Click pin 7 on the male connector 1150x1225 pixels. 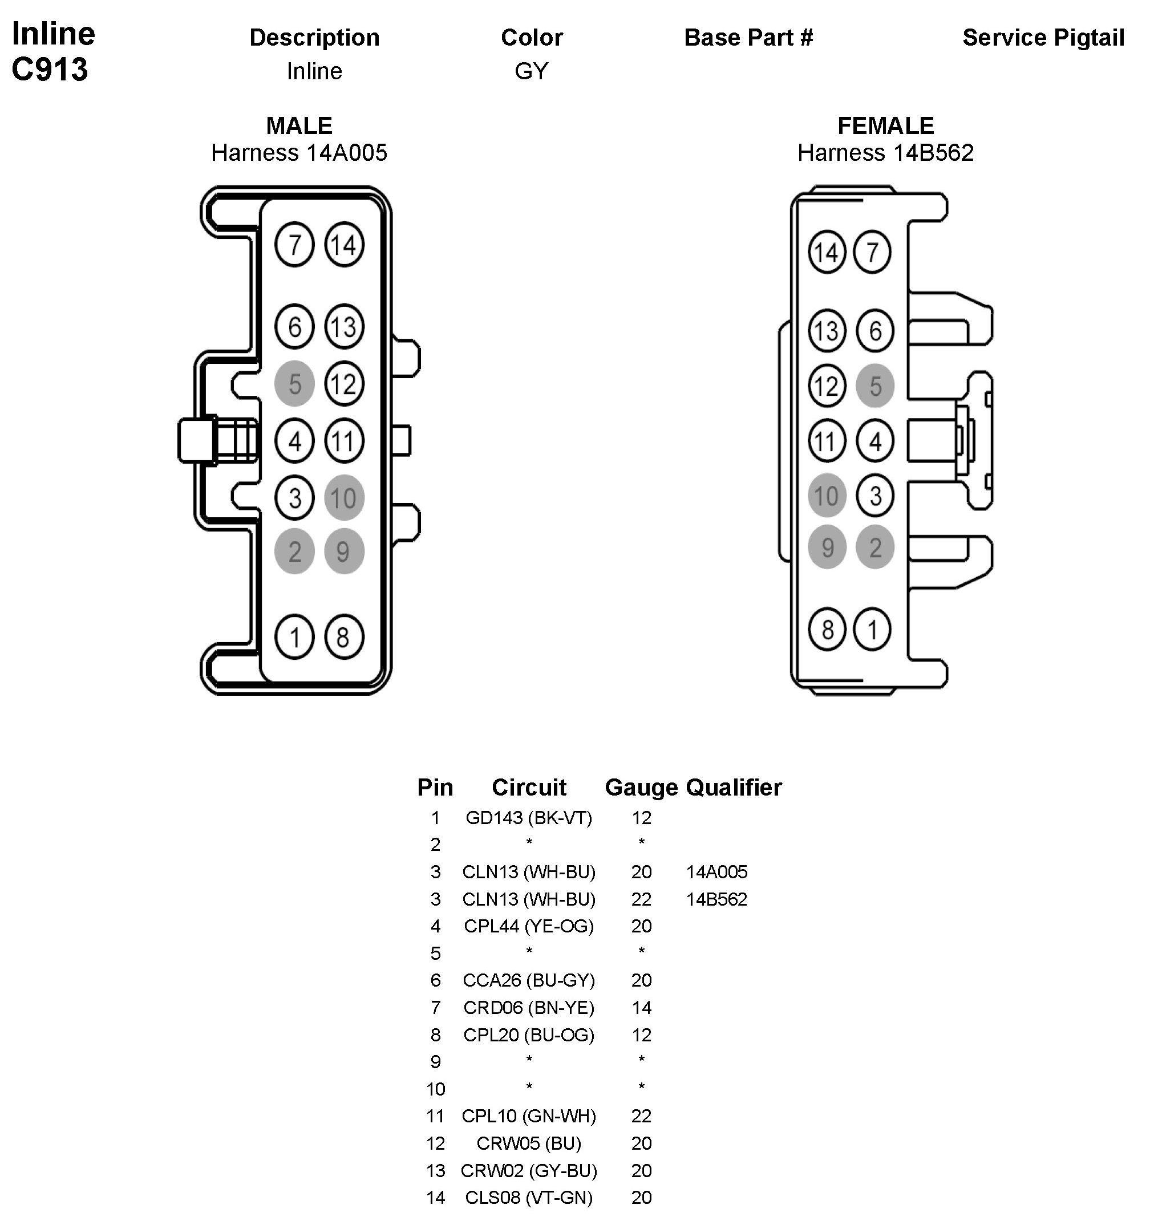tap(294, 245)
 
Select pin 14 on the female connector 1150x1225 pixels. tap(827, 252)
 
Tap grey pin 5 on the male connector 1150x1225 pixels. tap(294, 384)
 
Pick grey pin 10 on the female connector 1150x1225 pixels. tap(827, 496)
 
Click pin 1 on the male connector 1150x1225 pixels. tap(294, 637)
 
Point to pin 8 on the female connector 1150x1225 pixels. tap(827, 630)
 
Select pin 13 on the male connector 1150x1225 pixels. tap(344, 327)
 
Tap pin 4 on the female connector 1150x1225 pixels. tap(874, 441)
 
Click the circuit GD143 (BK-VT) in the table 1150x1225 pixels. tap(529, 818)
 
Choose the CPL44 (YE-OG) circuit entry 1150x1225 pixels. tap(529, 926)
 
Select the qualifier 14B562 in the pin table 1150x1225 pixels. tap(716, 899)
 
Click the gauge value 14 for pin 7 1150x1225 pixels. tap(641, 1008)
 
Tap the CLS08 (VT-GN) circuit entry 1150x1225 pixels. tap(529, 1197)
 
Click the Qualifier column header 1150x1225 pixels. tap(734, 788)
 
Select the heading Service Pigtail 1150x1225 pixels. tap(1043, 38)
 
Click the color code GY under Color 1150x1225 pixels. tap(531, 71)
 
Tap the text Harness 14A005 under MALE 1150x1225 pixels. tap(299, 153)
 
